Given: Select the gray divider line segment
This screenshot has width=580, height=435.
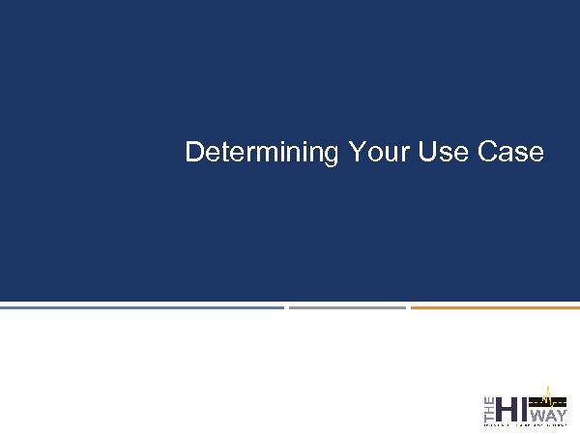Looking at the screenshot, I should [347, 307].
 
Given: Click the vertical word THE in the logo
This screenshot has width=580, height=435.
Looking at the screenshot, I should [488, 408].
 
